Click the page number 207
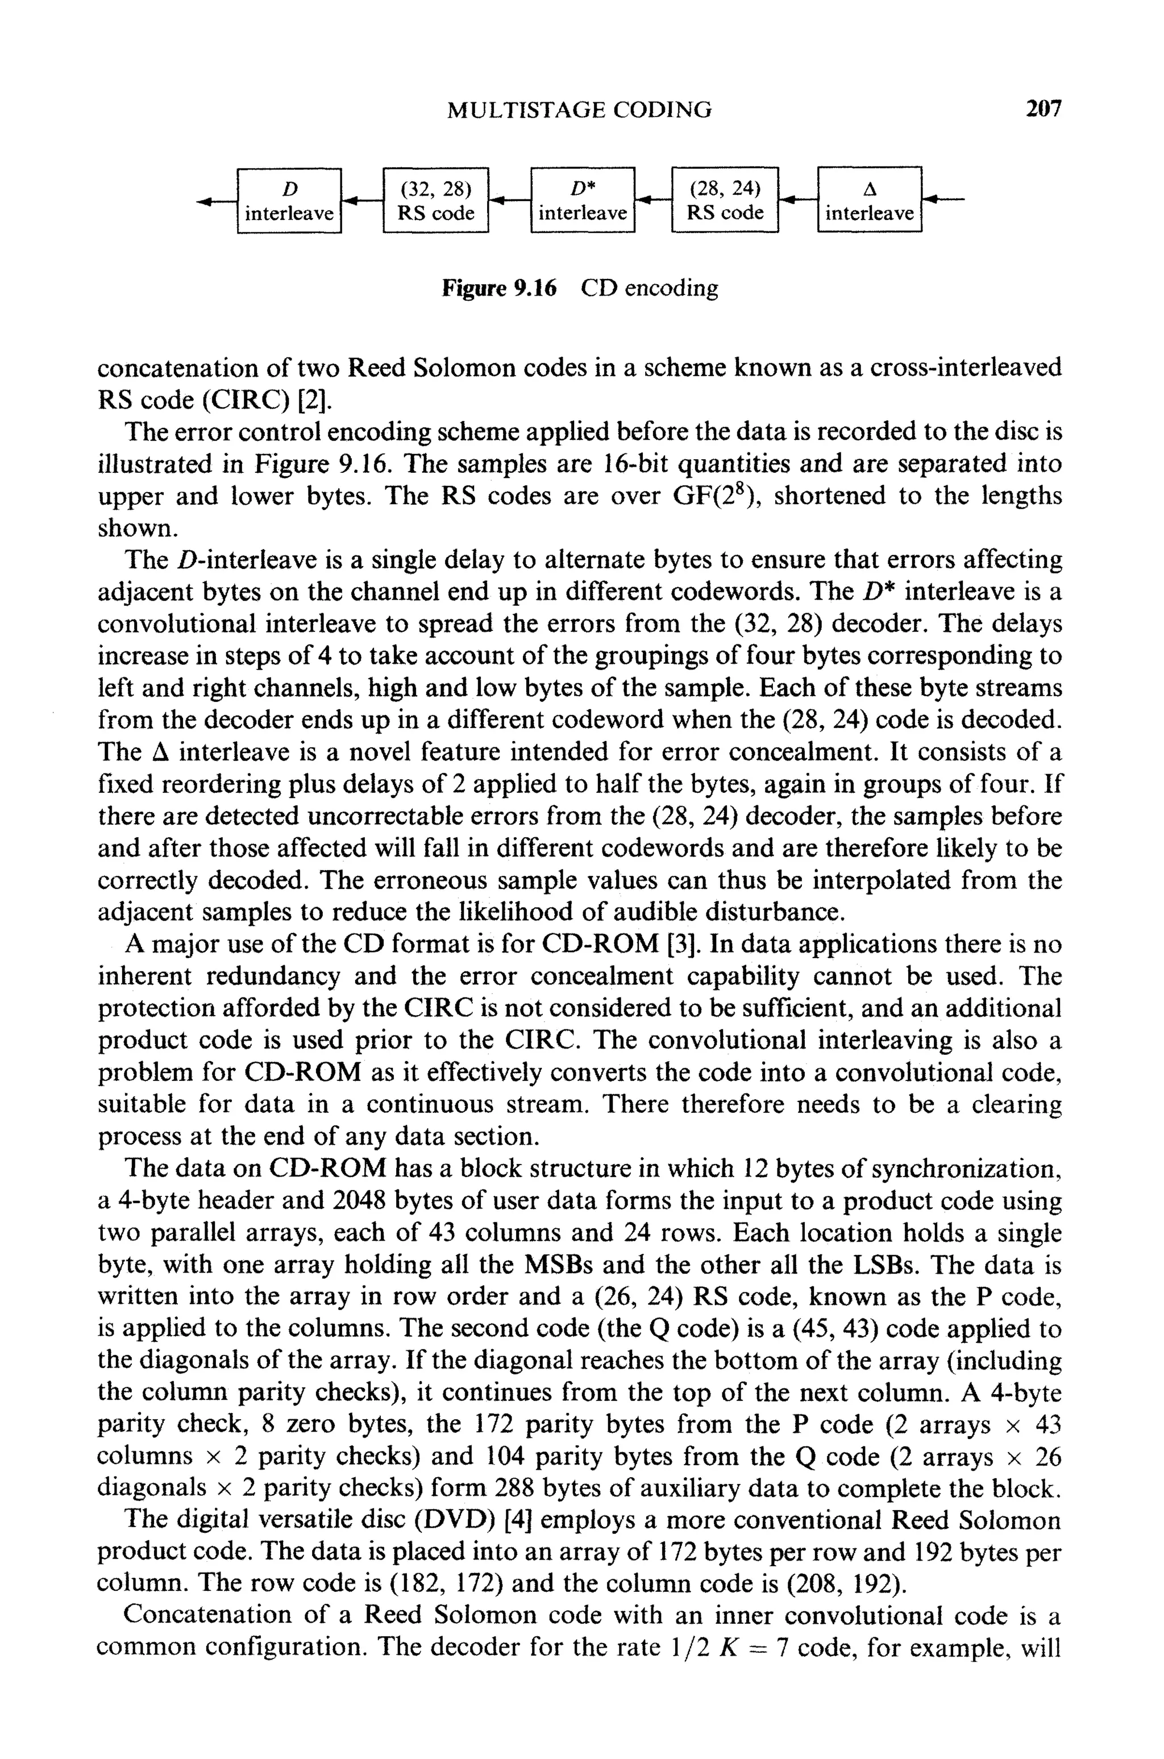[x=1044, y=109]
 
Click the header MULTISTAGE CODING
[x=580, y=111]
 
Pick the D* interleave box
[x=583, y=201]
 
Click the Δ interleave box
[x=869, y=201]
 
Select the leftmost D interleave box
[x=289, y=201]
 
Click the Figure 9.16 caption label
[x=499, y=288]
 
